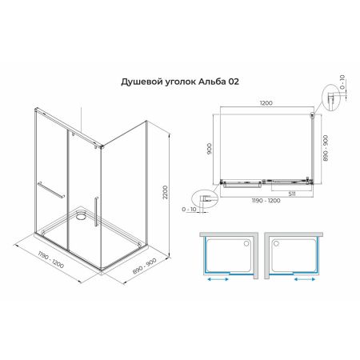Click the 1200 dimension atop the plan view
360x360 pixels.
(x=265, y=103)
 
